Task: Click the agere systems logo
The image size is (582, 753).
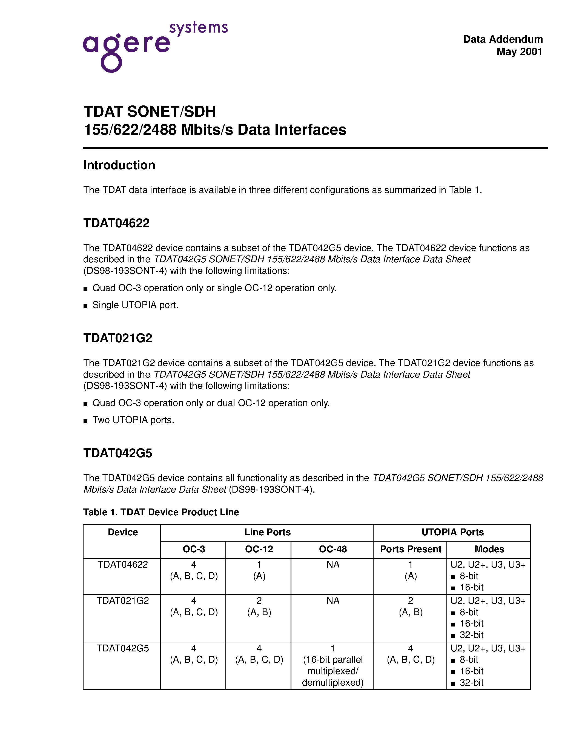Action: point(155,47)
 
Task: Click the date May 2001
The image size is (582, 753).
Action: point(519,52)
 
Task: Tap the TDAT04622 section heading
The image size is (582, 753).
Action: point(117,223)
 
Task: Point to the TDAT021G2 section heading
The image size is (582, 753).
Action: point(117,338)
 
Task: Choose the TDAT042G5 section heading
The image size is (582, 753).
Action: point(117,453)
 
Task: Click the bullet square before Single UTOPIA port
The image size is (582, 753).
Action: point(85,306)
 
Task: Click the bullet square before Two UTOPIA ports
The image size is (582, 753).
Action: point(85,421)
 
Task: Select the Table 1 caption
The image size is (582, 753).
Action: point(161,512)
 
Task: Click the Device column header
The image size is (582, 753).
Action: point(123,532)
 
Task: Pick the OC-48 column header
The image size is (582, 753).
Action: point(333,549)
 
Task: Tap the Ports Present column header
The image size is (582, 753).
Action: point(410,549)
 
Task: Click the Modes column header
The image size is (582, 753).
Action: point(489,549)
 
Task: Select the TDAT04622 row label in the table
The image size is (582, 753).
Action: point(123,564)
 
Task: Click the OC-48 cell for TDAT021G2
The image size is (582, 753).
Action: point(333,600)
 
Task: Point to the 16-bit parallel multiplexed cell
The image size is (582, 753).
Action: point(333,665)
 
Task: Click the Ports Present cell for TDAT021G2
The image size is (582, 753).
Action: point(410,606)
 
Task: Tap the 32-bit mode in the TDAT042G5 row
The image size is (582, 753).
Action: point(471,682)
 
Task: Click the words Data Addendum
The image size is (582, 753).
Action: point(503,39)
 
